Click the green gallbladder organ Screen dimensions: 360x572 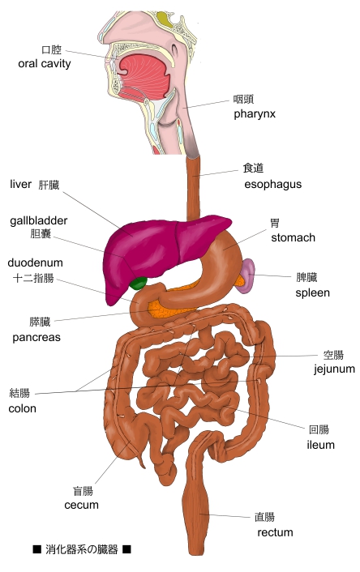pyautogui.click(x=139, y=283)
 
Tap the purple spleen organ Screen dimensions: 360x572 pyautogui.click(x=246, y=275)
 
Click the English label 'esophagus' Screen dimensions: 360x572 pyautogui.click(x=272, y=185)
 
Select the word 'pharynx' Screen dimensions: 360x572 pyautogui.click(x=255, y=114)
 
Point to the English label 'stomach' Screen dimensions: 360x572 pyautogui.click(x=293, y=237)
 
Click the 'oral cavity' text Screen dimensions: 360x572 pyautogui.click(x=44, y=63)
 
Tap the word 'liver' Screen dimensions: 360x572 pyautogui.click(x=20, y=184)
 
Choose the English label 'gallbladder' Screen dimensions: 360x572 pyautogui.click(x=39, y=220)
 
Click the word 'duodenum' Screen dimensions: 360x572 pyautogui.click(x=35, y=263)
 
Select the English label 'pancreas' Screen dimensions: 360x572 pyautogui.click(x=36, y=337)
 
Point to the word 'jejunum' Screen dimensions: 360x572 pyautogui.click(x=334, y=369)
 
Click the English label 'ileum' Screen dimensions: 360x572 pyautogui.click(x=320, y=445)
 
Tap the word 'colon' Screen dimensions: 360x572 pyautogui.click(x=22, y=408)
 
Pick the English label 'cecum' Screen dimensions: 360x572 pyautogui.click(x=81, y=506)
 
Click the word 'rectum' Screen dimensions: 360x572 pyautogui.click(x=275, y=532)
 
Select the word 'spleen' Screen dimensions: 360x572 pyautogui.click(x=312, y=293)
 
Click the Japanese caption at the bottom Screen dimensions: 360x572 pyautogui.click(x=82, y=549)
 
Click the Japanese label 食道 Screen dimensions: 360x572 pyautogui.click(x=253, y=169)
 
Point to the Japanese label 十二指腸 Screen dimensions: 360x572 pyautogui.click(x=33, y=279)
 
